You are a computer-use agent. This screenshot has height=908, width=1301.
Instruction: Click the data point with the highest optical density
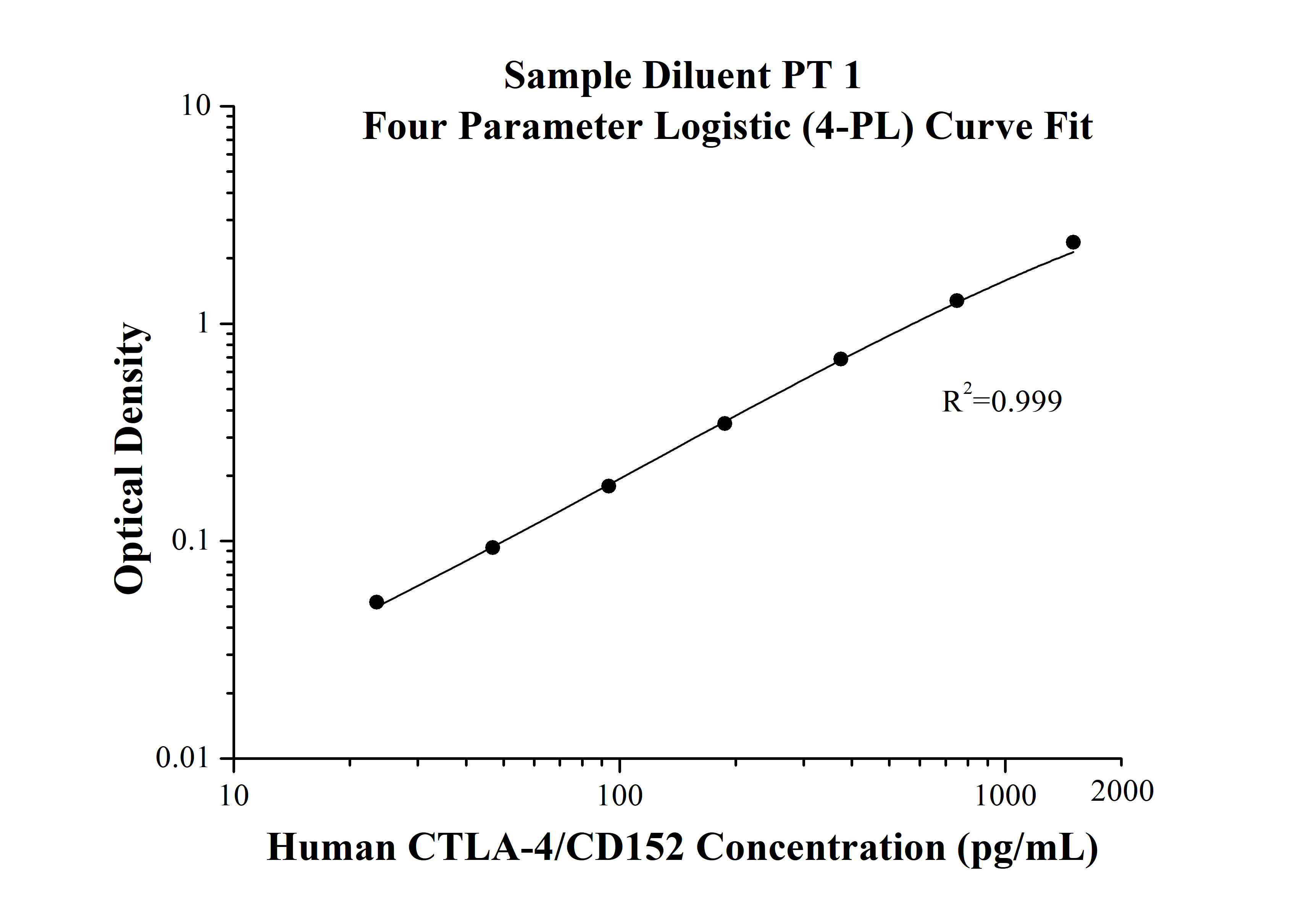point(1073,242)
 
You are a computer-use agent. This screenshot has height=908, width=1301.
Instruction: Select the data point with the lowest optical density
point(376,602)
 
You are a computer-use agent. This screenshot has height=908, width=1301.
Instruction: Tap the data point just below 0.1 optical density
point(492,547)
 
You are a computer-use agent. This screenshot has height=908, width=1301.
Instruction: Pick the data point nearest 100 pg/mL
point(609,486)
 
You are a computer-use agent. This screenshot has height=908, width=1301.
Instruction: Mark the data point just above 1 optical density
point(957,301)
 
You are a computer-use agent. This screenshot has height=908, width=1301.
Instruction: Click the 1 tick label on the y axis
point(202,323)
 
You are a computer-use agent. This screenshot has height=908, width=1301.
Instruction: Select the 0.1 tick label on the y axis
point(191,541)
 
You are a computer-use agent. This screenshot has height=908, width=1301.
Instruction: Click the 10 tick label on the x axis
point(234,796)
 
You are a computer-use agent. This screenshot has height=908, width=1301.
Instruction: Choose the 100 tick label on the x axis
point(620,796)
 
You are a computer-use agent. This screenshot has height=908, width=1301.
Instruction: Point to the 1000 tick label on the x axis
point(1005,796)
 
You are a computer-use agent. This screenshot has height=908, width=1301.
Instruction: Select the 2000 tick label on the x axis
point(1122,791)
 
